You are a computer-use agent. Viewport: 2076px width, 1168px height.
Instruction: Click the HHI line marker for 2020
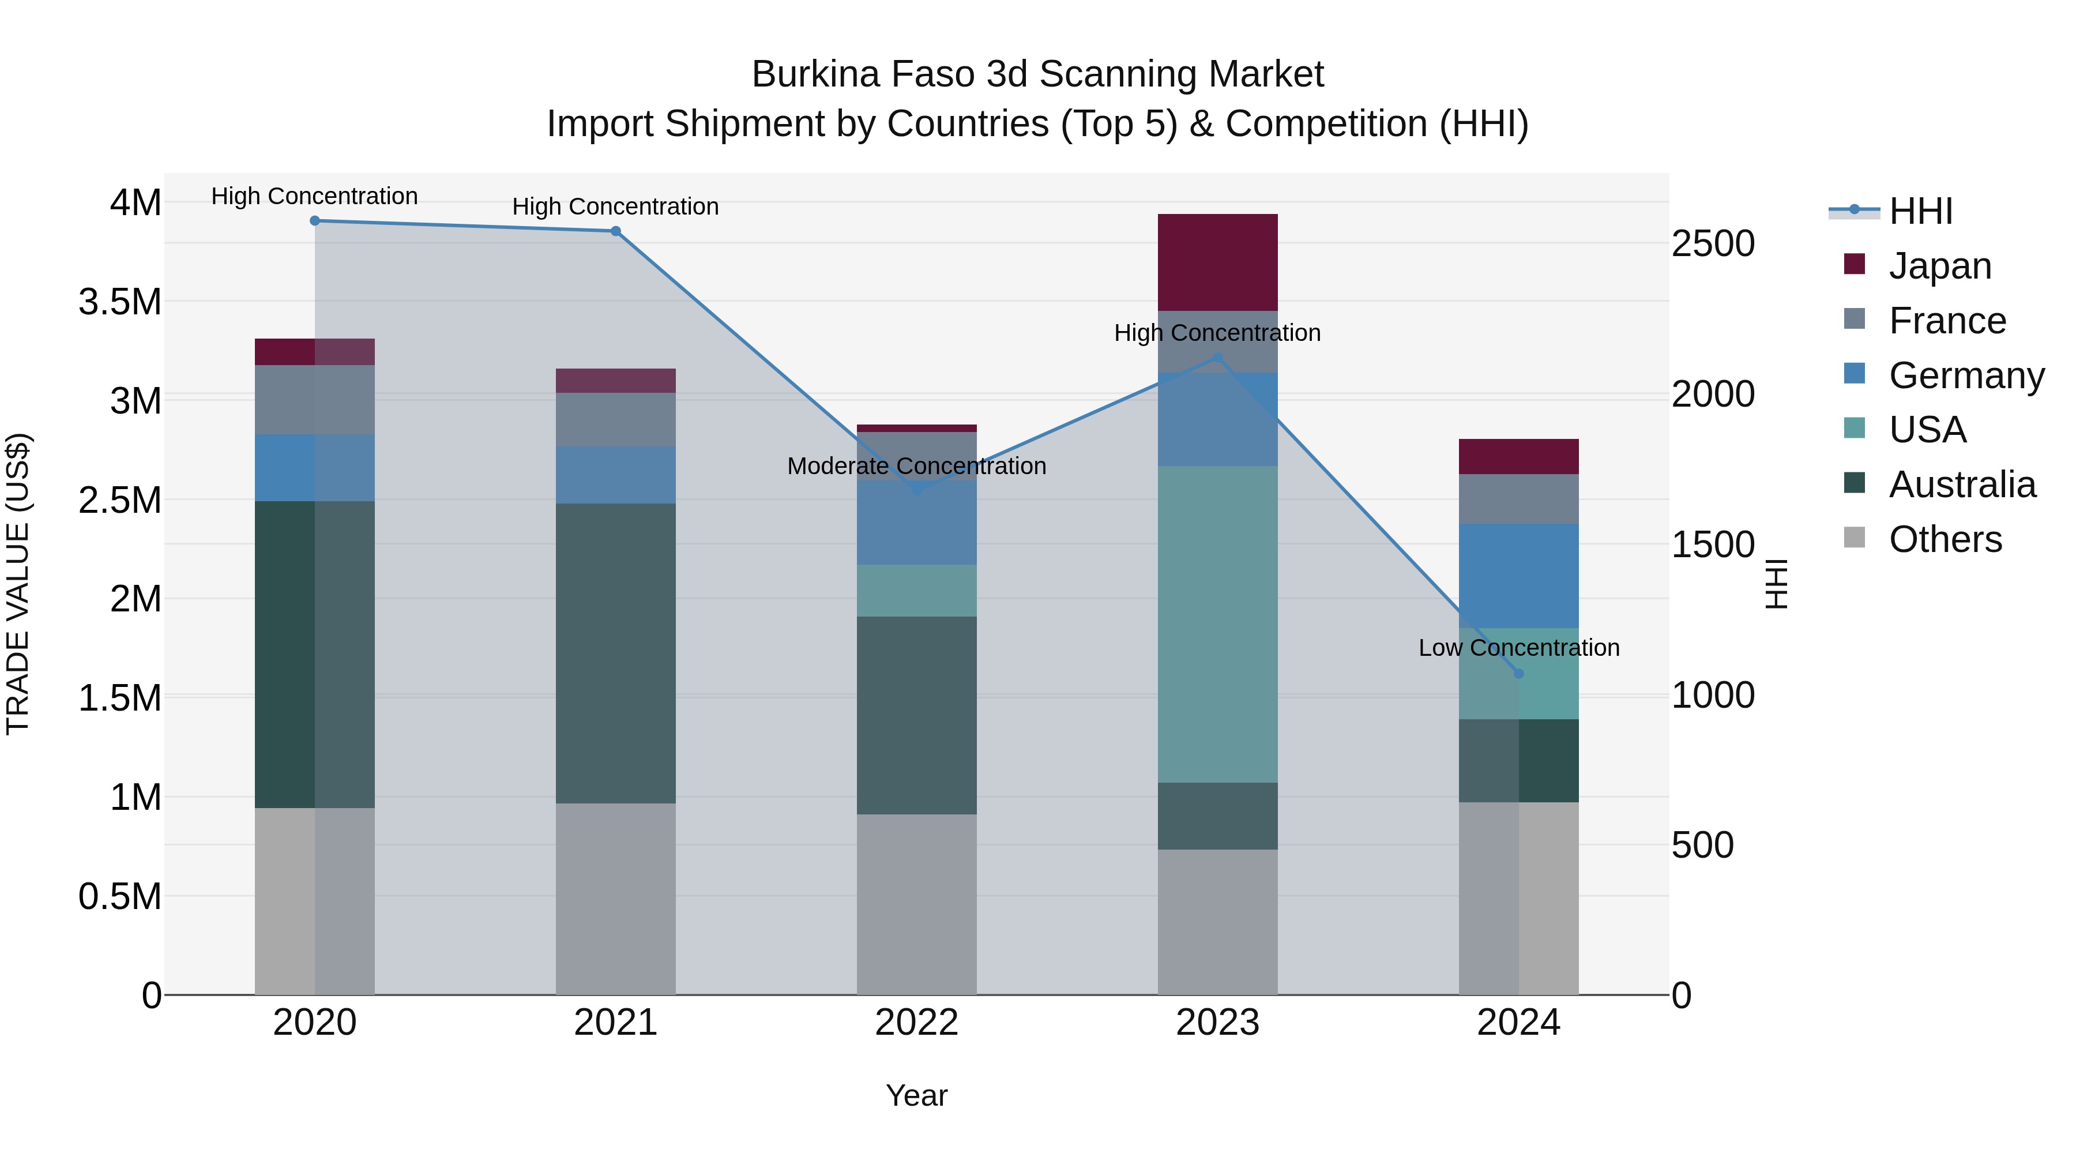click(x=315, y=221)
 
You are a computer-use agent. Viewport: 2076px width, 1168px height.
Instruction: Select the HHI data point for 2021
click(x=616, y=231)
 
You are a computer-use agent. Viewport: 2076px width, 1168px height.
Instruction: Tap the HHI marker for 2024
click(x=1519, y=674)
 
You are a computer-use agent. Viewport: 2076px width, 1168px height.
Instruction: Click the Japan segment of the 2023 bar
click(x=1218, y=263)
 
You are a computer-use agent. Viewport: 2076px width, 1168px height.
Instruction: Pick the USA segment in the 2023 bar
click(x=1218, y=625)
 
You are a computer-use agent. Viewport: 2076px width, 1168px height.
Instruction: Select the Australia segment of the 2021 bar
click(x=616, y=653)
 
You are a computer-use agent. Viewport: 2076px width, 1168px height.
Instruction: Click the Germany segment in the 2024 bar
click(x=1519, y=576)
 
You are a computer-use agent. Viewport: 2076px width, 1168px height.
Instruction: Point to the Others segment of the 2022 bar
click(x=916, y=904)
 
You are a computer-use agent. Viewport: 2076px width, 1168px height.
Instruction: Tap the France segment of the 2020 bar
click(x=315, y=400)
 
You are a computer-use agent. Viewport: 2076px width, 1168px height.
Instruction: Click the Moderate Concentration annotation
click(x=916, y=466)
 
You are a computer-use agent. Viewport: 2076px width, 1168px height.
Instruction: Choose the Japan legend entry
click(x=1939, y=266)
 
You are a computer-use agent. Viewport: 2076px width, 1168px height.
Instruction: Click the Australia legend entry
click(x=1962, y=485)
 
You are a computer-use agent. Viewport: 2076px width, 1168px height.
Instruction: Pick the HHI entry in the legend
click(x=1920, y=211)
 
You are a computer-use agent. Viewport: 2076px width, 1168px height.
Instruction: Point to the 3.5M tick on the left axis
click(x=120, y=302)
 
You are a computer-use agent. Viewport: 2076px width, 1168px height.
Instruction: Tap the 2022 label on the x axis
click(x=916, y=1023)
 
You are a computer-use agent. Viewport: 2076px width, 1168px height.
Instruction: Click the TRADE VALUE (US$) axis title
click(x=18, y=584)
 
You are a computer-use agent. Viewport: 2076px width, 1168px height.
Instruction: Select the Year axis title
click(x=916, y=1095)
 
